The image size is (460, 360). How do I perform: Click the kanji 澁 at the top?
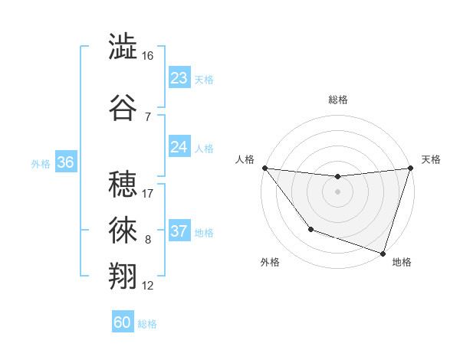[123, 47]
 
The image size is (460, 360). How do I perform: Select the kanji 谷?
[123, 107]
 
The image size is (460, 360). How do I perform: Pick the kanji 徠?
[123, 229]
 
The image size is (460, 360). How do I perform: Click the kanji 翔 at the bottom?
[123, 276]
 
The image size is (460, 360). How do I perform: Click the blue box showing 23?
[179, 78]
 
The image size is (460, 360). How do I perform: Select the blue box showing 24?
[179, 147]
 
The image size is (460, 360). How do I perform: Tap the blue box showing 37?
[179, 231]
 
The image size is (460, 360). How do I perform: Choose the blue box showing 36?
[65, 162]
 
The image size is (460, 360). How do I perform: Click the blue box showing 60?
[123, 322]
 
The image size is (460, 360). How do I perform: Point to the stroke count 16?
[148, 56]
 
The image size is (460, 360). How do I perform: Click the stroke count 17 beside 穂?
[148, 194]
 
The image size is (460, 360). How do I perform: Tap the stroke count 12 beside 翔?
[148, 286]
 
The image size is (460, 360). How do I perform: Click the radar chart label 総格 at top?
[338, 100]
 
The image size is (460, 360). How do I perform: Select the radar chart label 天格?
[431, 159]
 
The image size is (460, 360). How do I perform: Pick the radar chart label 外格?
[270, 262]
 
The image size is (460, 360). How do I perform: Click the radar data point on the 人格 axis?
[264, 168]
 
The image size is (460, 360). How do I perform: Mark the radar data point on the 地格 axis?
[383, 253]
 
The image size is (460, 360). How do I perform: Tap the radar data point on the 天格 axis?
[410, 168]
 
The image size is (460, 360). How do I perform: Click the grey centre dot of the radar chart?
[337, 191]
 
